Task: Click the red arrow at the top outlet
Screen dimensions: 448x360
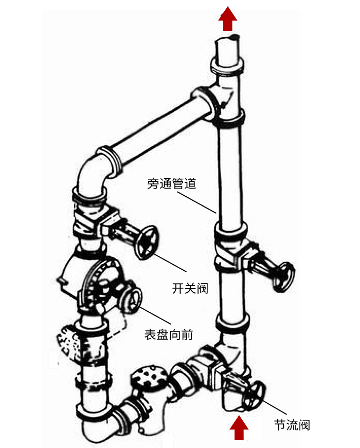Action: [x=227, y=20]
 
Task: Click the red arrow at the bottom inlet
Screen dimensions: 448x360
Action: [x=238, y=428]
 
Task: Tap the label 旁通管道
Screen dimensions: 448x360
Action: [x=172, y=183]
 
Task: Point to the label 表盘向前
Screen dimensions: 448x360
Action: [x=169, y=335]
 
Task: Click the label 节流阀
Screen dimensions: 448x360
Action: [x=292, y=425]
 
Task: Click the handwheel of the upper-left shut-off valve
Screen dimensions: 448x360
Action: [x=147, y=242]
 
